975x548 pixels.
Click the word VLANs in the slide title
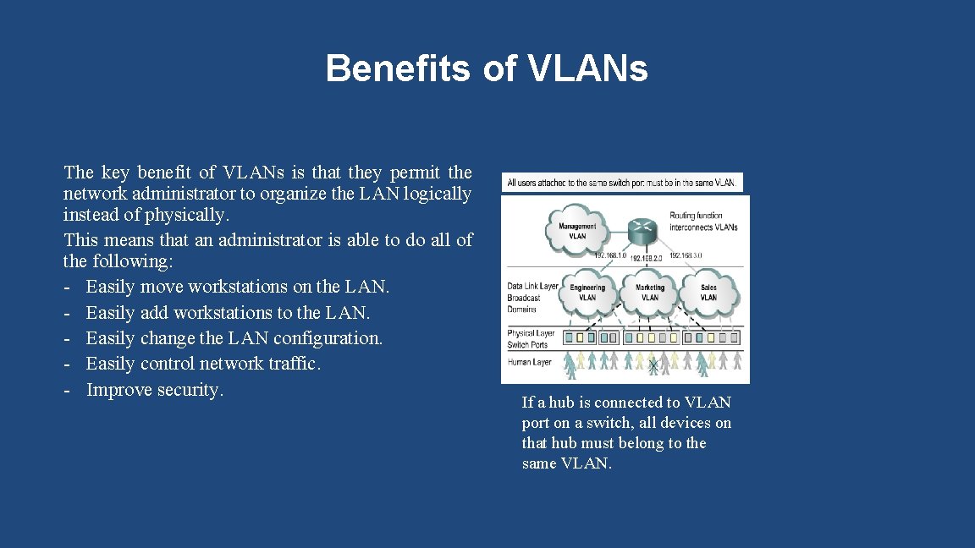pyautogui.click(x=588, y=68)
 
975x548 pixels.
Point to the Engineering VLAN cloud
pyautogui.click(x=587, y=292)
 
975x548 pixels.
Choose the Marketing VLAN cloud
pyautogui.click(x=650, y=292)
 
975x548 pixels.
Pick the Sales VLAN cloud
pyautogui.click(x=708, y=292)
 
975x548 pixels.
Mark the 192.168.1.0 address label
pyautogui.click(x=610, y=255)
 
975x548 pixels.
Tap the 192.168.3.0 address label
pyautogui.click(x=686, y=255)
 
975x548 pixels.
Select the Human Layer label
pyautogui.click(x=529, y=362)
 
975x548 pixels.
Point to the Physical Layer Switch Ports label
pyautogui.click(x=531, y=339)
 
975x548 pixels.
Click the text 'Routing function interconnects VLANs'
pyautogui.click(x=702, y=222)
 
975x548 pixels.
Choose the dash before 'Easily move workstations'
pyautogui.click(x=67, y=288)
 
